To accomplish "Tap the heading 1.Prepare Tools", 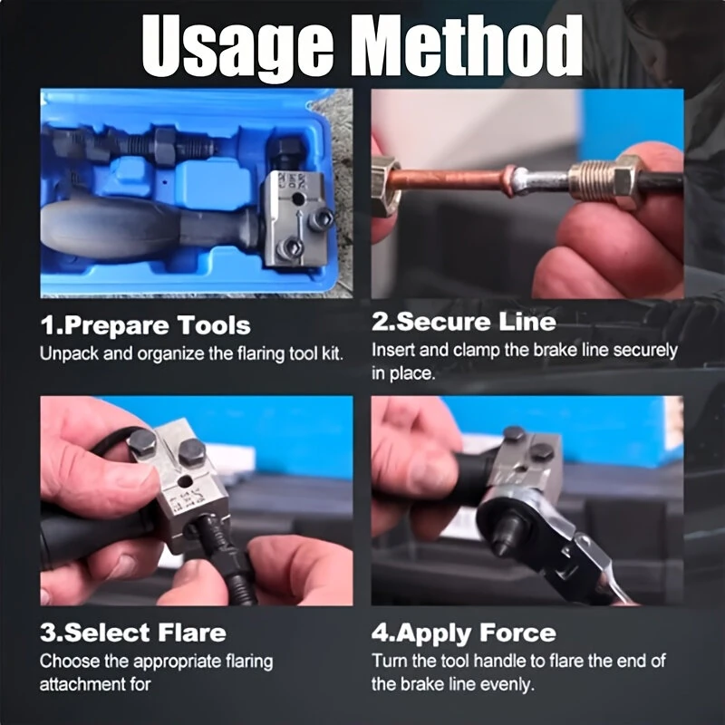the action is (x=145, y=324).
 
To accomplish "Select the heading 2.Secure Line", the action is (x=463, y=322).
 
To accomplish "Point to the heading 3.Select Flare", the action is (x=132, y=633).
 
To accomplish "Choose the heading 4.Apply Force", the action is (x=463, y=633).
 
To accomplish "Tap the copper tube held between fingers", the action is (x=450, y=178).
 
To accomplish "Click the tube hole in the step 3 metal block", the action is (x=187, y=482).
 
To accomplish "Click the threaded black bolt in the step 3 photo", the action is (x=227, y=559).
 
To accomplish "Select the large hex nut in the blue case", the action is (x=165, y=146).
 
